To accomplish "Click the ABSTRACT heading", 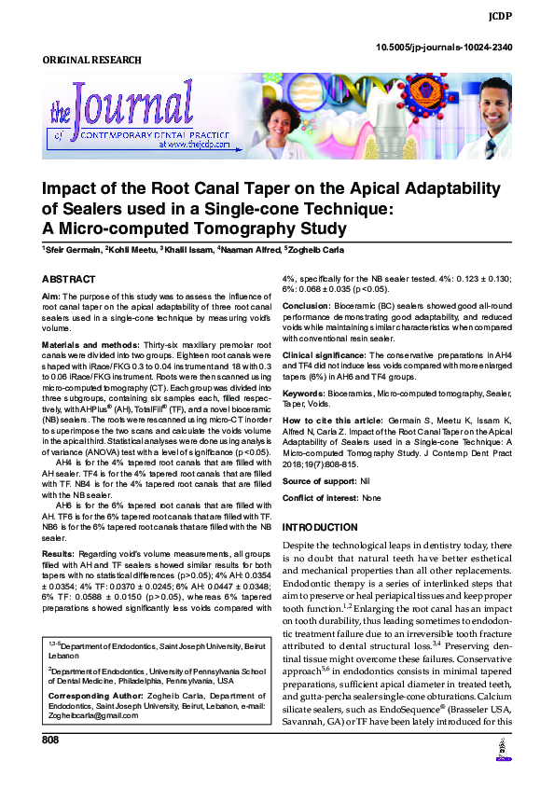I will click(69, 280).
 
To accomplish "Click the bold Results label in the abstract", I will click(58, 554).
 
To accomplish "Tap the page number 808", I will click(50, 766).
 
